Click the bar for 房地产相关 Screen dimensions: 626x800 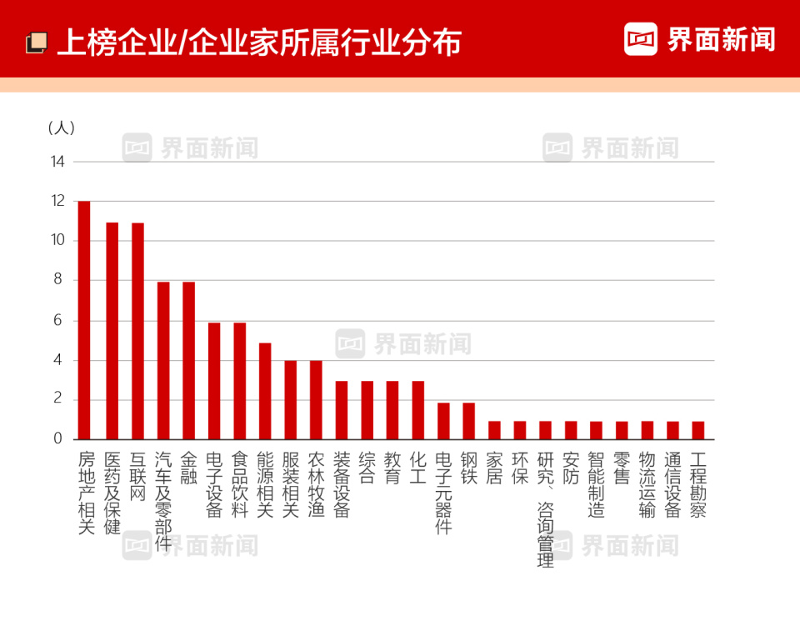[x=84, y=320]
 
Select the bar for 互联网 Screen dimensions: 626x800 [x=137, y=331]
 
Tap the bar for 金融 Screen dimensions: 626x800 [x=188, y=361]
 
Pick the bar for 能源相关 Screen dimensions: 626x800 [x=265, y=391]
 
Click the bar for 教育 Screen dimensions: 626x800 [x=392, y=410]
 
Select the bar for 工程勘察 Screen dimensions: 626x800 [x=698, y=430]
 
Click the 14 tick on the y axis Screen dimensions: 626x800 [x=57, y=161]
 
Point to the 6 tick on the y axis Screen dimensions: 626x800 [x=58, y=320]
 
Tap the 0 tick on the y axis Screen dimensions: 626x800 [x=58, y=438]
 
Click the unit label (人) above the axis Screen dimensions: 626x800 [x=62, y=128]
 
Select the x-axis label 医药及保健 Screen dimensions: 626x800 [x=112, y=493]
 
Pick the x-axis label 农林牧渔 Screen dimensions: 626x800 [x=316, y=484]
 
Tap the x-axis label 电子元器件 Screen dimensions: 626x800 [x=443, y=493]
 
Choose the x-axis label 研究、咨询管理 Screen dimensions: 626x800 [x=545, y=509]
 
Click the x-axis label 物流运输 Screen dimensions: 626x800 [x=647, y=484]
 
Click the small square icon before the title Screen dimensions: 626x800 [x=36, y=42]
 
